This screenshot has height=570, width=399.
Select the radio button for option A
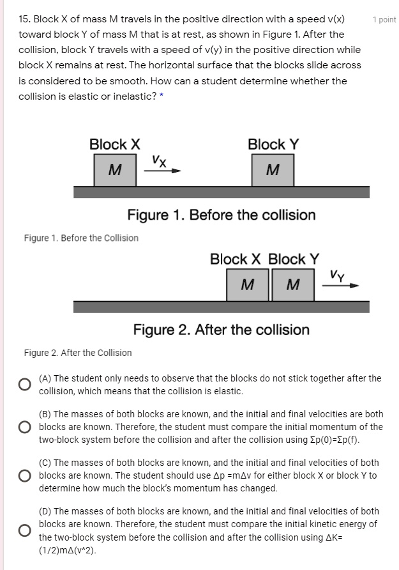pos(24,385)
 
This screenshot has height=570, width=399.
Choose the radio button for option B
pos(24,427)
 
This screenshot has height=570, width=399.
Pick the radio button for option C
pos(24,475)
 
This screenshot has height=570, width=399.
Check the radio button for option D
pos(24,530)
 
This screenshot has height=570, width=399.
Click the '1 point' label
pos(384,20)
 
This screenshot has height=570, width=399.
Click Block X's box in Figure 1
pos(115,170)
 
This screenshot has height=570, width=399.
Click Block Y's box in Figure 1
pos(273,170)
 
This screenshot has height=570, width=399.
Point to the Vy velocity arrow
pos(340,286)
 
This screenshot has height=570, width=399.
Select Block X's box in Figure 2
pos(248,285)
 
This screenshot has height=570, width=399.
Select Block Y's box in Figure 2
pos(292,285)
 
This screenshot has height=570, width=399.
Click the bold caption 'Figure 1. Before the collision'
pos(221,215)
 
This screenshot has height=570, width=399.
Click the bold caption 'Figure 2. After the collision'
pos(221,330)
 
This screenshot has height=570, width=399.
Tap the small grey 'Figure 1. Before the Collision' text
pos(81,238)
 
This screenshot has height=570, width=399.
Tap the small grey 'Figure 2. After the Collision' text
pos(78,353)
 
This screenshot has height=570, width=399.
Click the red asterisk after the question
pos(162,96)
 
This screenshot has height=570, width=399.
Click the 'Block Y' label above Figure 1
pos(273,144)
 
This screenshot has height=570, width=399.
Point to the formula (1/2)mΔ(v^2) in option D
pos(67,550)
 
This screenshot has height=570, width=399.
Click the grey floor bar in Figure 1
pos(221,192)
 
